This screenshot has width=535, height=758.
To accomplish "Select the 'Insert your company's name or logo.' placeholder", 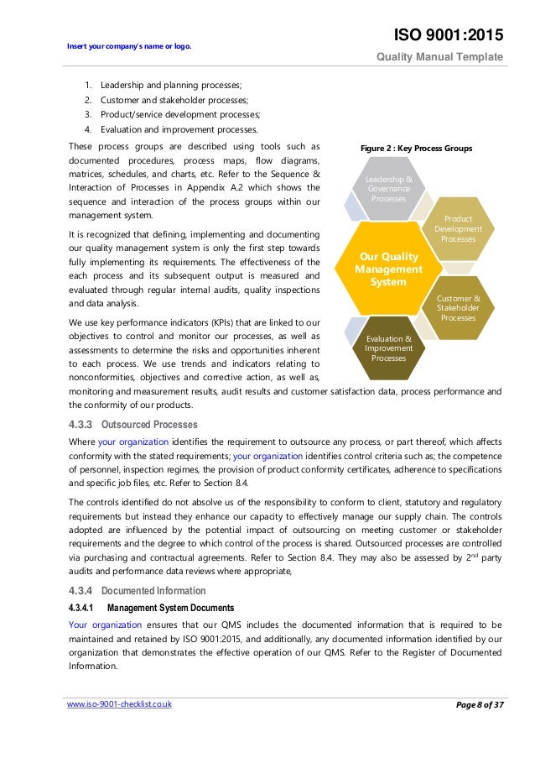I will point(130,45).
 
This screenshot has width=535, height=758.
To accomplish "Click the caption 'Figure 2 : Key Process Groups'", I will point(416,149).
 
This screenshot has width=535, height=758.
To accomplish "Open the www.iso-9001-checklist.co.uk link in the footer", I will point(119,704).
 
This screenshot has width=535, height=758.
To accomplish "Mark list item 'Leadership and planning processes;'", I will point(170,86).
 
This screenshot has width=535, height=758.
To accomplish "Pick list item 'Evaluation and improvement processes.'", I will point(179,128).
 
